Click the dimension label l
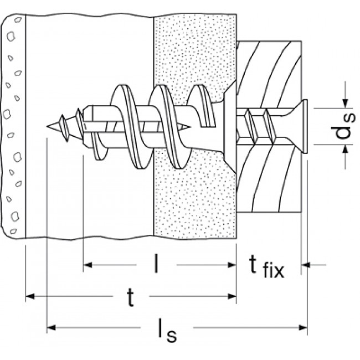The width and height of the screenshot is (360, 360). point(156,265)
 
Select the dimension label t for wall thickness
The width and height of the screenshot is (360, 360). point(131,297)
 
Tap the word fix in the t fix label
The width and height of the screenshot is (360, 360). point(272,271)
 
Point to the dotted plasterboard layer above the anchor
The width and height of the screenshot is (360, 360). point(194,50)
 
